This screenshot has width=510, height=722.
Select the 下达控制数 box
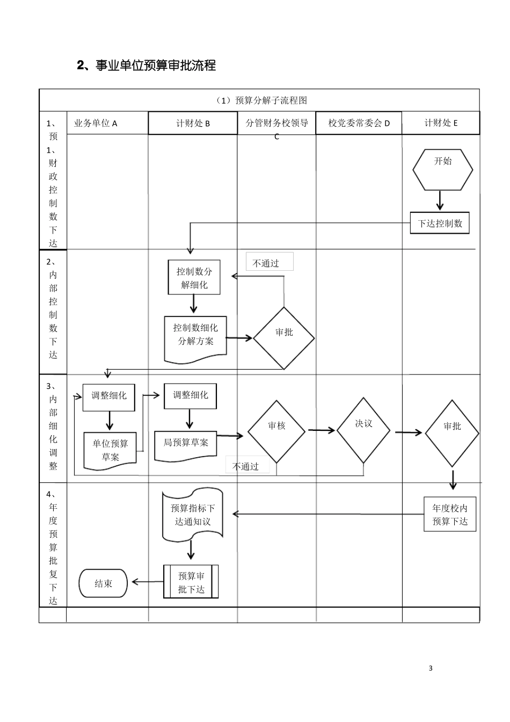(x=440, y=223)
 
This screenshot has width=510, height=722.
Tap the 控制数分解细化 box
(x=194, y=278)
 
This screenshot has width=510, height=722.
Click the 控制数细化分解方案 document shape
(x=195, y=337)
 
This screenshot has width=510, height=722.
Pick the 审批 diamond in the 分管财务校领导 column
(x=283, y=338)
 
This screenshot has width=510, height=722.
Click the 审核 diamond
(x=276, y=431)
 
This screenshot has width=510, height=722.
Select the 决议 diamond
(x=363, y=430)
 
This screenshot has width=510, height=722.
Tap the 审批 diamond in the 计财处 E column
(x=452, y=432)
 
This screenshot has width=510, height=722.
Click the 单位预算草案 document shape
(x=110, y=450)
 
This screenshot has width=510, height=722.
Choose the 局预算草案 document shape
(x=186, y=445)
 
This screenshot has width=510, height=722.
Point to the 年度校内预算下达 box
(x=450, y=514)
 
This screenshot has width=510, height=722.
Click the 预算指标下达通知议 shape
(x=192, y=515)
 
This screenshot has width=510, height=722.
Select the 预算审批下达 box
(x=191, y=582)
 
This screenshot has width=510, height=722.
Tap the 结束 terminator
(x=103, y=583)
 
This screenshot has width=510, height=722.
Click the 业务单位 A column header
(x=96, y=123)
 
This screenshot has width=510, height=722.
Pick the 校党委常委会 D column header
(x=359, y=123)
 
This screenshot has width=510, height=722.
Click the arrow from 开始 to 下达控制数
(x=440, y=200)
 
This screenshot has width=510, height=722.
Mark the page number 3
(x=431, y=668)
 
